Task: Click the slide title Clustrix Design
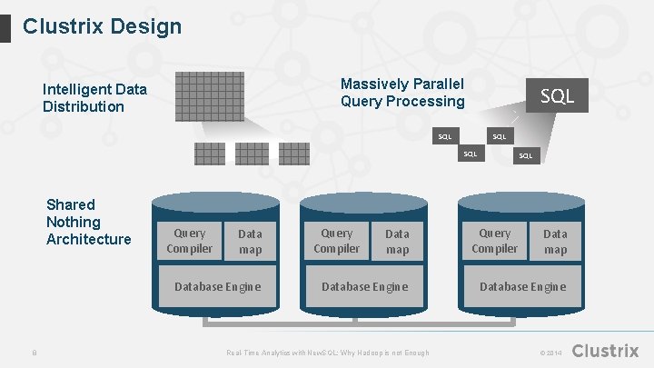click(x=102, y=26)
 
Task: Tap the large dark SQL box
click(x=557, y=94)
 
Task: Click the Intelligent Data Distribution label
click(x=94, y=98)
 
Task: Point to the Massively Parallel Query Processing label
click(x=401, y=93)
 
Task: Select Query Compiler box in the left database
click(x=190, y=241)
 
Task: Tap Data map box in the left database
click(x=250, y=242)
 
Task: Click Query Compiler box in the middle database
click(x=336, y=241)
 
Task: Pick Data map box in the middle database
click(x=397, y=242)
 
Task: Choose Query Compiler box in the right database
click(x=494, y=241)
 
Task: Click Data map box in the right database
click(x=555, y=242)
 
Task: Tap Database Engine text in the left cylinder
click(x=217, y=286)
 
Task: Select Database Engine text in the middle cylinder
click(x=364, y=286)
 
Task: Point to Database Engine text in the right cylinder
click(x=522, y=286)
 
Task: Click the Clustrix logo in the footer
click(x=606, y=351)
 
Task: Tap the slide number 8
click(x=34, y=353)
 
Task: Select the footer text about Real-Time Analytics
click(x=327, y=353)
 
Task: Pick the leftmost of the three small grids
click(x=209, y=153)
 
